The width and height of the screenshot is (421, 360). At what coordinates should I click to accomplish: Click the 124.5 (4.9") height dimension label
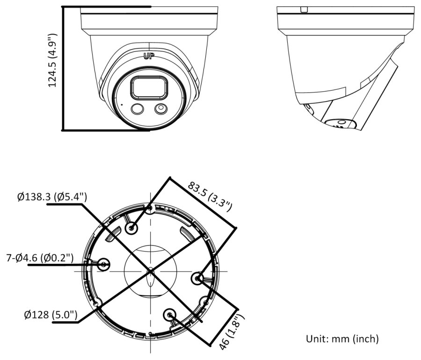(53, 60)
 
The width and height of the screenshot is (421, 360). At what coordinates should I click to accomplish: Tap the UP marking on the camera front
(149, 56)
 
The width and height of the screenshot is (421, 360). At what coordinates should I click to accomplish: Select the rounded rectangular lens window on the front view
(149, 87)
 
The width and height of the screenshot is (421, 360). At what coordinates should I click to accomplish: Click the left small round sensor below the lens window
(138, 109)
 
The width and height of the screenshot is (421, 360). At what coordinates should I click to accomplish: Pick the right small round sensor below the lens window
(161, 108)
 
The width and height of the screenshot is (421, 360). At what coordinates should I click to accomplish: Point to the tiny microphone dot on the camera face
(122, 104)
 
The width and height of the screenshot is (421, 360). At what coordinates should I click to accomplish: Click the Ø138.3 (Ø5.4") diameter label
(52, 197)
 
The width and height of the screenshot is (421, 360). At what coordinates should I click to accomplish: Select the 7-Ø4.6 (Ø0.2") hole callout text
(40, 258)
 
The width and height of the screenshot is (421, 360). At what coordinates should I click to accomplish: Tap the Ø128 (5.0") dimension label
(51, 314)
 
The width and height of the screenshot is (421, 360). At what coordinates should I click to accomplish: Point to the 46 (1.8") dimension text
(232, 332)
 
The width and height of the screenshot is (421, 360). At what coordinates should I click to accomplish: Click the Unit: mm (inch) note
(342, 339)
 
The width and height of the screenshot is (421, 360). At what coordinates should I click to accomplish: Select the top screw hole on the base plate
(131, 228)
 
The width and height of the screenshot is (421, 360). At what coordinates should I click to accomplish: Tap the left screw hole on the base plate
(104, 265)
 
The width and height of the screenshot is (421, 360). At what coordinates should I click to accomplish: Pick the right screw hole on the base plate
(197, 279)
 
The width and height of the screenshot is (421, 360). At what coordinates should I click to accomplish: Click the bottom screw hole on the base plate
(169, 314)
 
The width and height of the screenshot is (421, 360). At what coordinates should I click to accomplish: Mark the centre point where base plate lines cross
(150, 271)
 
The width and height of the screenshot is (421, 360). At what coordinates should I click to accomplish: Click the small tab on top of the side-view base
(304, 10)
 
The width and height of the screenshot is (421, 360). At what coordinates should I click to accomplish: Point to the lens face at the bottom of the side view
(340, 124)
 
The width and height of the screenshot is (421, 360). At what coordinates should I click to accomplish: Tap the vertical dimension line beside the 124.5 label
(63, 68)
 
